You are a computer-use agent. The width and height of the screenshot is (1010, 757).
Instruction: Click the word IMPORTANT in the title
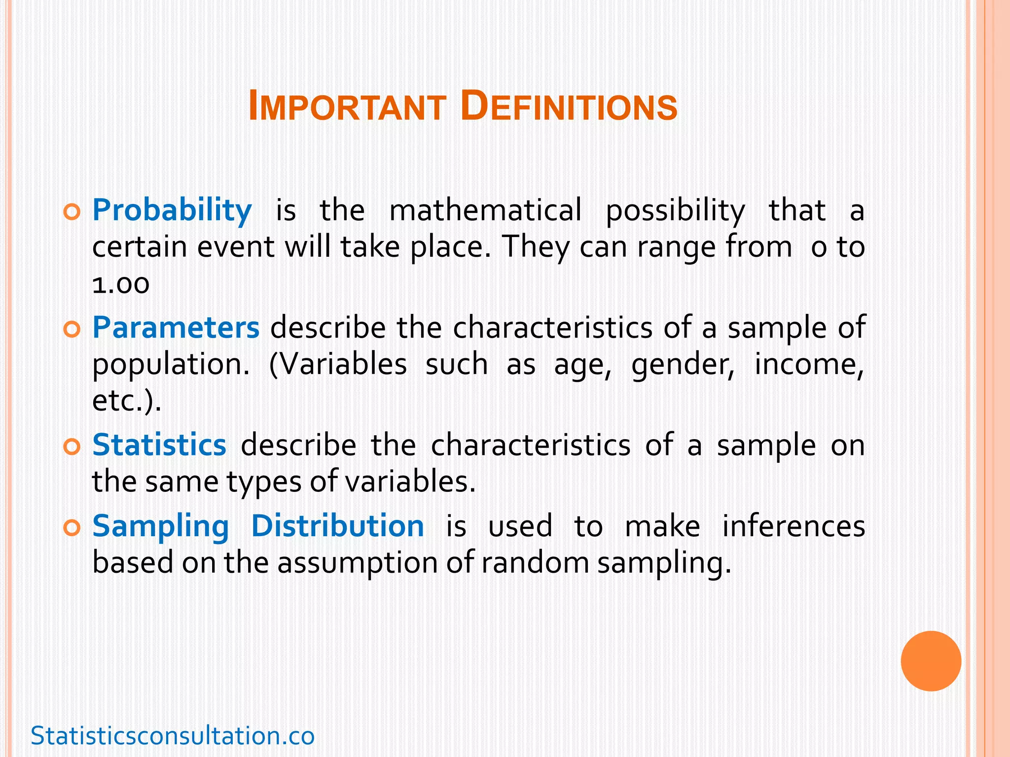(x=347, y=107)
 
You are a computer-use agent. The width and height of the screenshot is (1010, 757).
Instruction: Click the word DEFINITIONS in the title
(x=569, y=107)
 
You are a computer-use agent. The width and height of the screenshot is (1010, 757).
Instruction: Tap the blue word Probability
(x=172, y=210)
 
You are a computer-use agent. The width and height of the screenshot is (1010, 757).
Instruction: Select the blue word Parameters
(x=176, y=328)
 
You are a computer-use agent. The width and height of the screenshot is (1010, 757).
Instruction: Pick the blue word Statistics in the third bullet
(x=159, y=445)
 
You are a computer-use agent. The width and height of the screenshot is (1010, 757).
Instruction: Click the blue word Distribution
(x=337, y=526)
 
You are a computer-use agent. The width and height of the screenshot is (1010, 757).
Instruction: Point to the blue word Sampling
(x=161, y=527)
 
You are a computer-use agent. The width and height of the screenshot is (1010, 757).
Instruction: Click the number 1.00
(x=121, y=284)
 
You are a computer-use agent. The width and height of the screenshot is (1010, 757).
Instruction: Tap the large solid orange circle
(x=931, y=661)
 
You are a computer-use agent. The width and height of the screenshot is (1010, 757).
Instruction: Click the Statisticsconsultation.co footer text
(x=173, y=736)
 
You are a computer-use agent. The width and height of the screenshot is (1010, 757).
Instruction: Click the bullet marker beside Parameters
(x=72, y=330)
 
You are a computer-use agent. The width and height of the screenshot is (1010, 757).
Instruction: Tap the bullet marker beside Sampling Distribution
(x=72, y=528)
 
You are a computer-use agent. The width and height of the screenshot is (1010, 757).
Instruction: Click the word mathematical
(x=485, y=210)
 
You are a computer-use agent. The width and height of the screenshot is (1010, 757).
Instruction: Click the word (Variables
(x=338, y=365)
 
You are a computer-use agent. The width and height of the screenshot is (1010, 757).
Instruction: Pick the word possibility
(x=675, y=211)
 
